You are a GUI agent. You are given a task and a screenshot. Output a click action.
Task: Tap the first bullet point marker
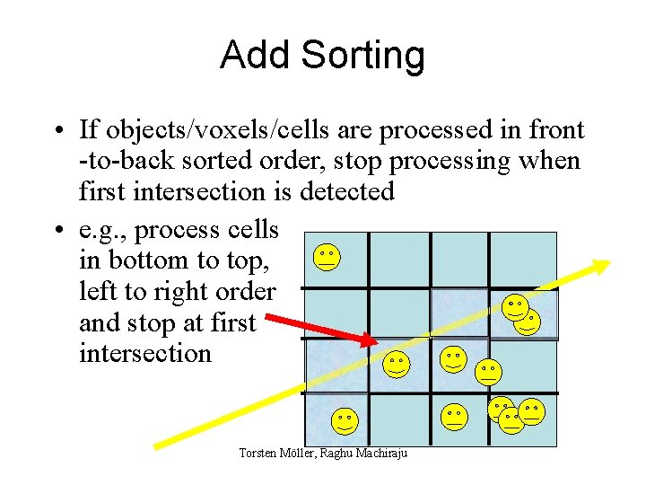(57, 131)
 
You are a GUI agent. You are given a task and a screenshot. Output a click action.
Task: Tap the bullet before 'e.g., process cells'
(57, 230)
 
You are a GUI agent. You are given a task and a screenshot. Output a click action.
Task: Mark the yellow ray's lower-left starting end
(158, 444)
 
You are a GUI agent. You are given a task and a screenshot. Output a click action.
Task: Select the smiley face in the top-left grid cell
(327, 258)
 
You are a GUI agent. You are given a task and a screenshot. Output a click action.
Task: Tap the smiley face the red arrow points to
(395, 363)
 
